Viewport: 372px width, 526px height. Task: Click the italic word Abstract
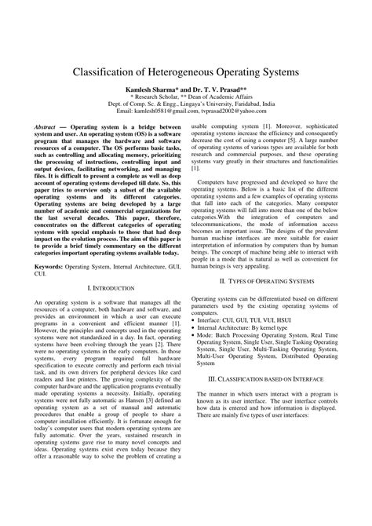[x=45, y=147]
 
